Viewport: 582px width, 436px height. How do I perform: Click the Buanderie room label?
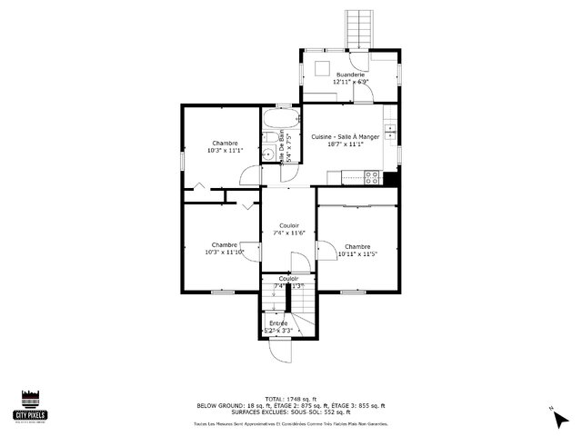click(x=350, y=74)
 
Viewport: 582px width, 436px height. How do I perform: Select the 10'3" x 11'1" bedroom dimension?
click(x=225, y=151)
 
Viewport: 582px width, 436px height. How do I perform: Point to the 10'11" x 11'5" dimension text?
click(x=357, y=254)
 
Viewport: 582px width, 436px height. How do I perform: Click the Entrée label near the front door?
click(x=278, y=323)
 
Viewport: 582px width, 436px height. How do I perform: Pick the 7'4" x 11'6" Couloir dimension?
click(x=288, y=233)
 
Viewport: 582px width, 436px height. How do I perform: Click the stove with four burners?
click(x=372, y=178)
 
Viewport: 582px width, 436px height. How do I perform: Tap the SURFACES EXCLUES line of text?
click(x=290, y=412)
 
